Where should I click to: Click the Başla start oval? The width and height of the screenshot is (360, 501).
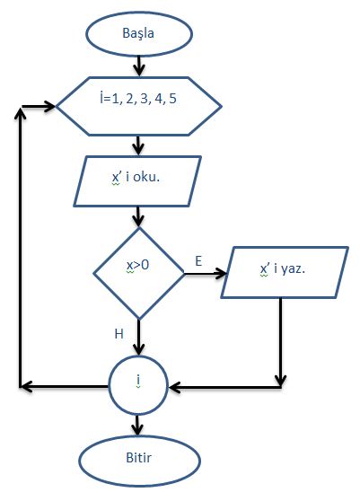[139, 34]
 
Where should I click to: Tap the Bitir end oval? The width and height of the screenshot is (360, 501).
[139, 461]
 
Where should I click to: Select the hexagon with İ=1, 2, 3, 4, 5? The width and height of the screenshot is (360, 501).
[138, 107]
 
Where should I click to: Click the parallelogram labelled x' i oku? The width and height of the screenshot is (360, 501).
[137, 181]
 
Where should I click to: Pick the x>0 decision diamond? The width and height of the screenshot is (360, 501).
[138, 274]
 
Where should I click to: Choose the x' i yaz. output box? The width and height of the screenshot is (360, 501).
[285, 272]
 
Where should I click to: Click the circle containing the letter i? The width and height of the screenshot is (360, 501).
[138, 385]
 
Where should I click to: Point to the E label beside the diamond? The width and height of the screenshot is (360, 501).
[198, 261]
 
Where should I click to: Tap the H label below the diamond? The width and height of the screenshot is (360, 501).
[119, 334]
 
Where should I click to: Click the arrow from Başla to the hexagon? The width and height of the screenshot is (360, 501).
[139, 66]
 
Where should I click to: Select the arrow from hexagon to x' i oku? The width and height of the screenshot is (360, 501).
[138, 145]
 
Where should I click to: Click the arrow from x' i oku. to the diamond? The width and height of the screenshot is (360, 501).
[138, 217]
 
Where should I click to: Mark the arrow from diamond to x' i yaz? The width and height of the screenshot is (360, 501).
[206, 274]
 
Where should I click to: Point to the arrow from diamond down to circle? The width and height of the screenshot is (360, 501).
[139, 337]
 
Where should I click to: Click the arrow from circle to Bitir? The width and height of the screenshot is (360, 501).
[137, 426]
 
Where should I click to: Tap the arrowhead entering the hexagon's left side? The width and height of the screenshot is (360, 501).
[50, 107]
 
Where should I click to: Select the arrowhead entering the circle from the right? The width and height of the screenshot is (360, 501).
[174, 387]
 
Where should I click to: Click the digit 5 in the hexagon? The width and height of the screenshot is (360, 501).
[172, 99]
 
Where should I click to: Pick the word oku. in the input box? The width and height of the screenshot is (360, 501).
[146, 177]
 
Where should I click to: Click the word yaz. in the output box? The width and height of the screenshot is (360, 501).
[293, 269]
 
